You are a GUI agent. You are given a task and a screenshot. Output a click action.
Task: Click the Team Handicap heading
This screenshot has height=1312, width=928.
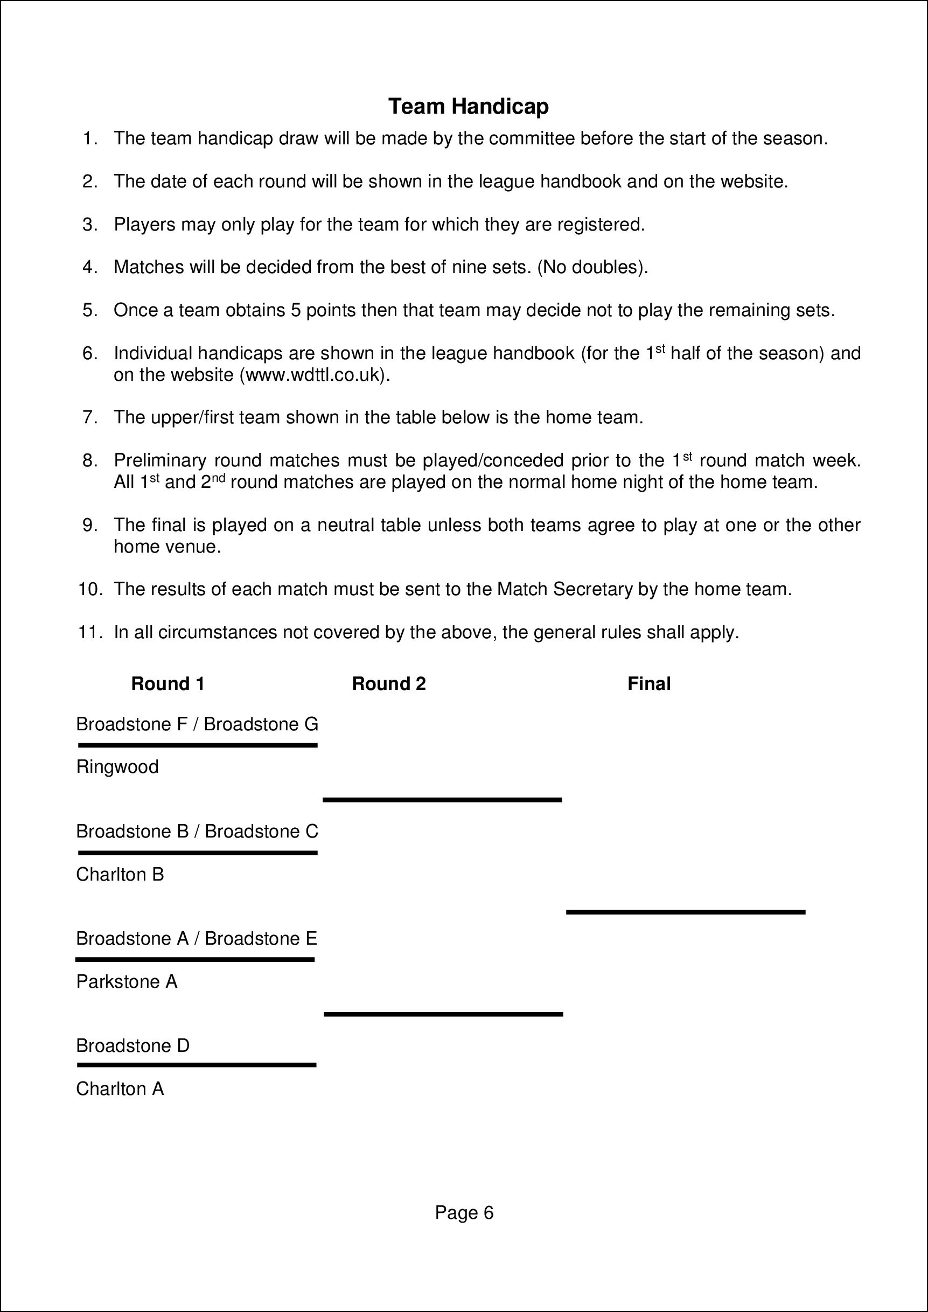[x=468, y=106]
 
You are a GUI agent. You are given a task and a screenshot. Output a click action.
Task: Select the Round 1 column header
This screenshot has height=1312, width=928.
[x=168, y=683]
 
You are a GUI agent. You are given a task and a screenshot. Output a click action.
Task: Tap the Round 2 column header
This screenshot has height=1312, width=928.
[x=388, y=683]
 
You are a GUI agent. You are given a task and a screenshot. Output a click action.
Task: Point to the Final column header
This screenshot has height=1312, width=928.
[x=648, y=683]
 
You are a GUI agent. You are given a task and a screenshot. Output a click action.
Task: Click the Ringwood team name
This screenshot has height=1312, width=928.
[x=117, y=767]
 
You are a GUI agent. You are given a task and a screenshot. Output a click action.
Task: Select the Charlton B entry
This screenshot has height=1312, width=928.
[x=120, y=874]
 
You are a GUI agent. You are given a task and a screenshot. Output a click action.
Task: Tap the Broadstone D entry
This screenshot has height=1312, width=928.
[x=132, y=1046]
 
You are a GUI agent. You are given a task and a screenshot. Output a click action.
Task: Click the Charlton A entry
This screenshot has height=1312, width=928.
[x=120, y=1089]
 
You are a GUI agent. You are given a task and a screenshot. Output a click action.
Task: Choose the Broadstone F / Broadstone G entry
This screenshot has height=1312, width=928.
[x=197, y=724]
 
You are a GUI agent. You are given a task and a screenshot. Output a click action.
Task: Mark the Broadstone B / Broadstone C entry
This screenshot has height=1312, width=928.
[x=197, y=832]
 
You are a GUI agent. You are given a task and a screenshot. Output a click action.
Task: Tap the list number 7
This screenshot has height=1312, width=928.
[x=90, y=418]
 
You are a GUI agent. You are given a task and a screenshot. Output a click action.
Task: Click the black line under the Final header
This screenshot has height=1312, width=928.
[x=685, y=912]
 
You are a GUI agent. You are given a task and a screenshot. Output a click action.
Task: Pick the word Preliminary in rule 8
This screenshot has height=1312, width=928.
[x=160, y=460]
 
